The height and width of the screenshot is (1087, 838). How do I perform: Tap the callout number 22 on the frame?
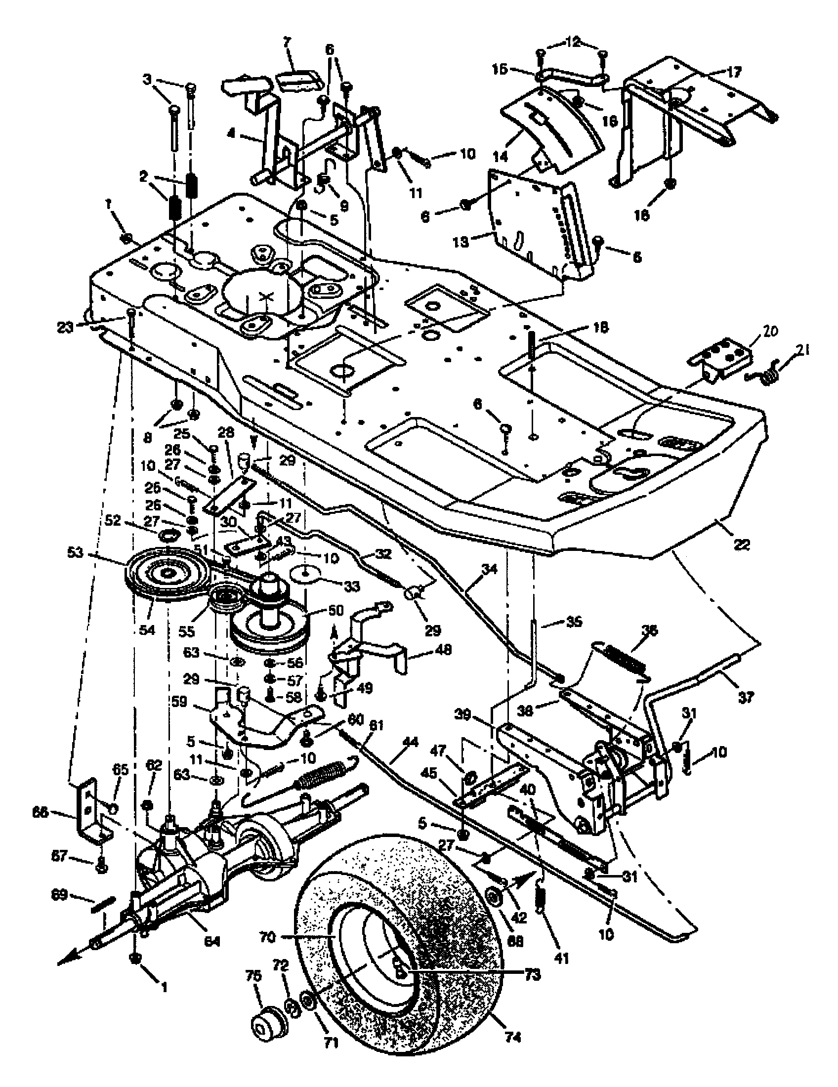pyautogui.click(x=742, y=544)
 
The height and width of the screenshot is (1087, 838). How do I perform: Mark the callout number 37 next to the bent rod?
pyautogui.click(x=746, y=698)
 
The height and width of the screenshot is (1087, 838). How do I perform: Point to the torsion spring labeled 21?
pyautogui.click(x=764, y=373)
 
